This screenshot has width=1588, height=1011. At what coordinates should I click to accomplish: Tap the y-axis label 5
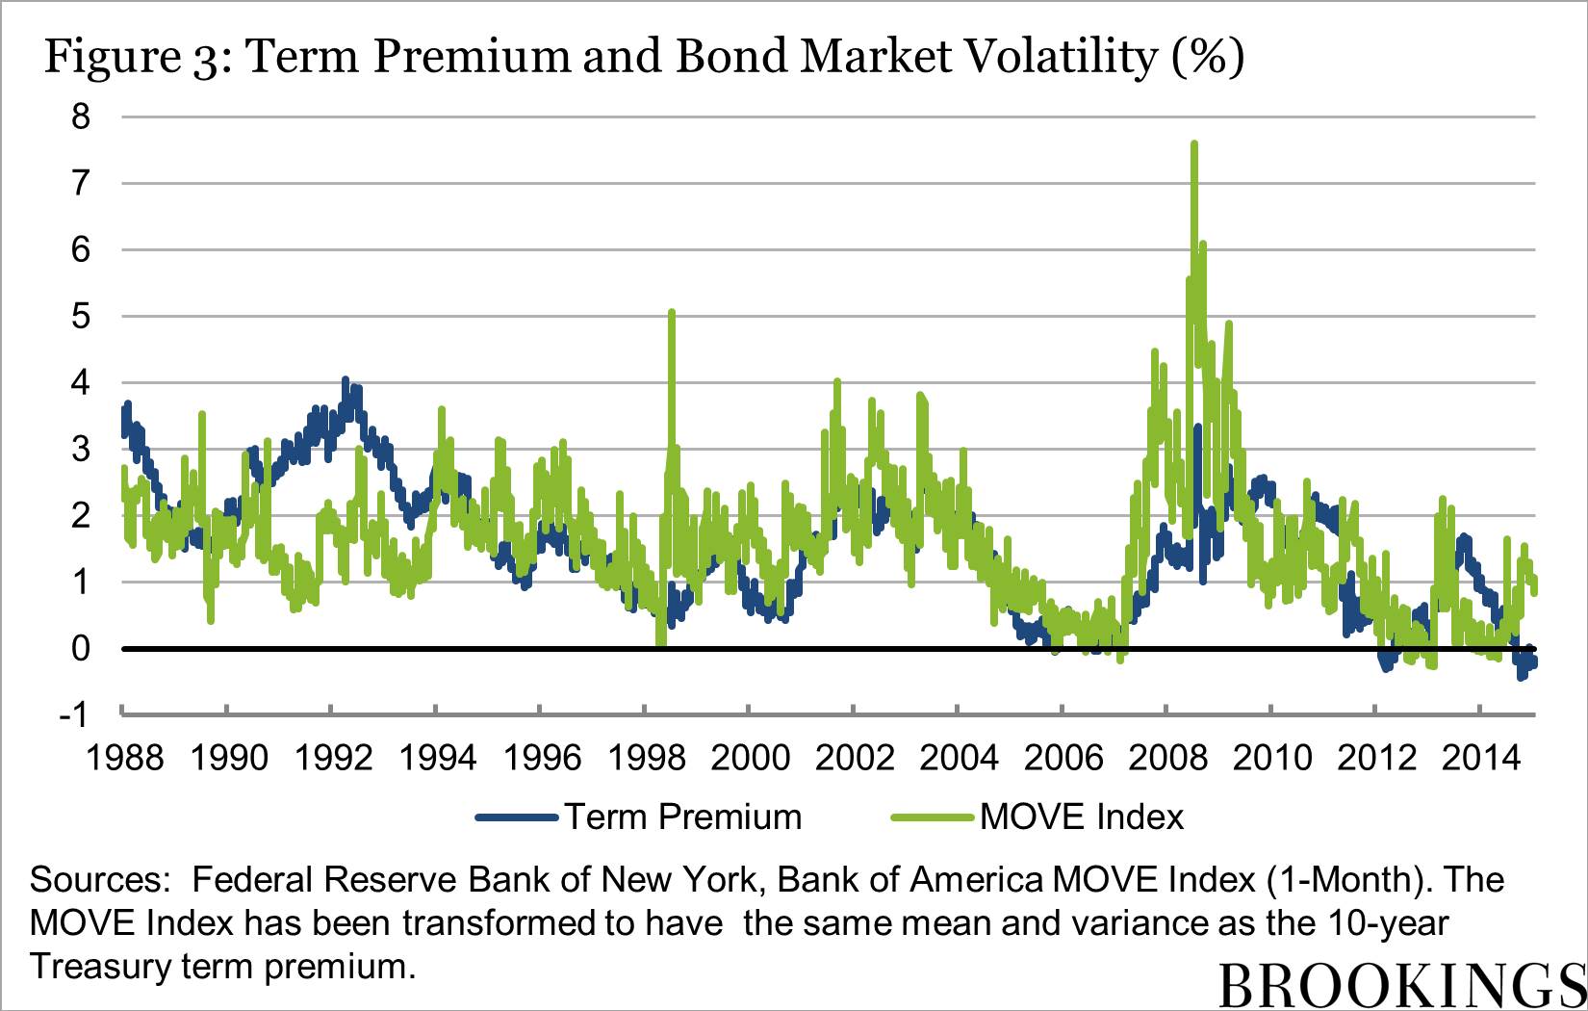pyautogui.click(x=81, y=317)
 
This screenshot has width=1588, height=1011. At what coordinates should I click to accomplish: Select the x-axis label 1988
pyautogui.click(x=125, y=759)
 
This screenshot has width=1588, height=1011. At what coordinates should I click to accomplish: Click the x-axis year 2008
pyautogui.click(x=1167, y=759)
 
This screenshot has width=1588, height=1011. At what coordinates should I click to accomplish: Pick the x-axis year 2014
pyautogui.click(x=1481, y=759)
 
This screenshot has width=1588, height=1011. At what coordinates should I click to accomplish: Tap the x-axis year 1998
pyautogui.click(x=647, y=759)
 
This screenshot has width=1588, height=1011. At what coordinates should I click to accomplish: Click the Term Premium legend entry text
pyautogui.click(x=682, y=817)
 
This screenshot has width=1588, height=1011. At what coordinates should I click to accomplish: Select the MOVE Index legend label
pyautogui.click(x=1082, y=817)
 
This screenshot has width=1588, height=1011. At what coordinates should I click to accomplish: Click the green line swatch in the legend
pyautogui.click(x=933, y=817)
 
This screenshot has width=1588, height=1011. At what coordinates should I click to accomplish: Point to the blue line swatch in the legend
pyautogui.click(x=517, y=817)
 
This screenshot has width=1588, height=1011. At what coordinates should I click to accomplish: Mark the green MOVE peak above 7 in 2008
pyautogui.click(x=1193, y=144)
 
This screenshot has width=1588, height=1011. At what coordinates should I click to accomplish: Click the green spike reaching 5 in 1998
pyautogui.click(x=672, y=313)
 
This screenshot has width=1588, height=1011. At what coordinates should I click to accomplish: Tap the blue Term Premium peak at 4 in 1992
pyautogui.click(x=346, y=381)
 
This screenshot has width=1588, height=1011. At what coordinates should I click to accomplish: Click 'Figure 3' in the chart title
pyautogui.click(x=136, y=58)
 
